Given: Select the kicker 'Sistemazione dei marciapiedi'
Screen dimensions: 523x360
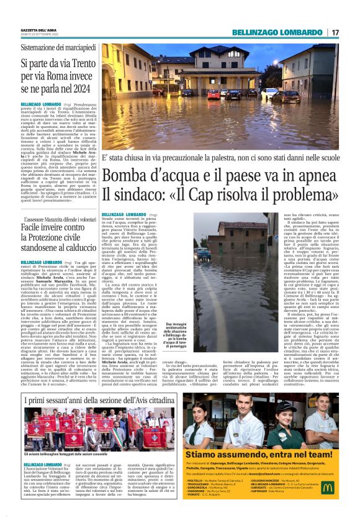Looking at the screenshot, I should click(x=55, y=47).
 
